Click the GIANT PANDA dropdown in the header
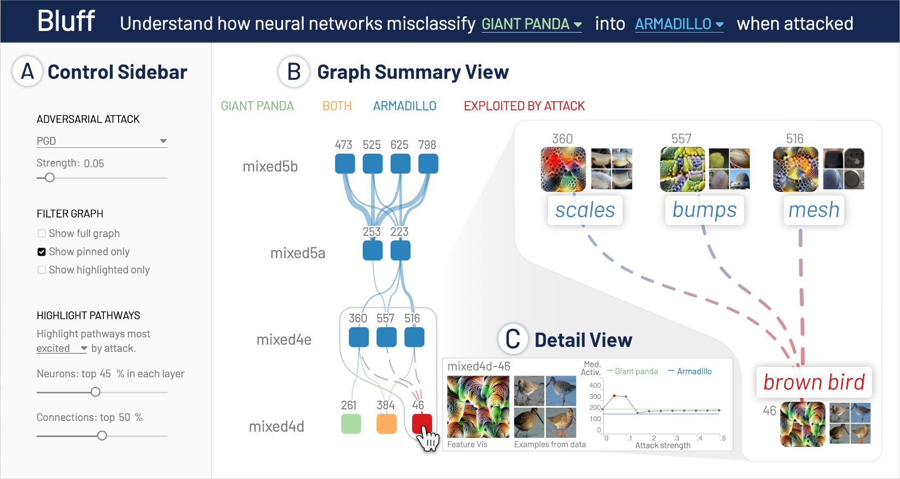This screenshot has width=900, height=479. click(531, 24)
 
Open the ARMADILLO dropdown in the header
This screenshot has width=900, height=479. click(679, 24)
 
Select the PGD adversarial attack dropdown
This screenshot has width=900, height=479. click(101, 141)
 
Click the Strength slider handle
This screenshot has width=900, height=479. click(50, 178)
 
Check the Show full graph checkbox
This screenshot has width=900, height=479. click(42, 234)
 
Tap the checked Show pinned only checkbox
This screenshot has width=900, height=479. click(42, 252)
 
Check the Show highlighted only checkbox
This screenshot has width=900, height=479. click(42, 270)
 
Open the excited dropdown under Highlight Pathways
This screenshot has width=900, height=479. click(61, 349)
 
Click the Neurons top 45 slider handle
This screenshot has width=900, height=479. click(96, 392)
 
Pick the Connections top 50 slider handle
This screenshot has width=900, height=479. click(102, 436)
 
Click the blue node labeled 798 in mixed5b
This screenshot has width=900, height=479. click(428, 164)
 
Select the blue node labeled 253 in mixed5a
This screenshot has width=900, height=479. click(373, 251)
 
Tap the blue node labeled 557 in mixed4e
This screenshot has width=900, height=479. click(386, 337)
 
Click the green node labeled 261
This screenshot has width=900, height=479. click(351, 424)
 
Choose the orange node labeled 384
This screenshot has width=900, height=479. click(386, 424)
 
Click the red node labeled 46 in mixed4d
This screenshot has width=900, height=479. click(422, 423)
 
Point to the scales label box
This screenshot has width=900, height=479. click(585, 210)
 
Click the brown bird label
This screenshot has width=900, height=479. click(814, 382)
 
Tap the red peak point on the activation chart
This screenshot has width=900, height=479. click(614, 396)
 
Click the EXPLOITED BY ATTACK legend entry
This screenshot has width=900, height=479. click(524, 106)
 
